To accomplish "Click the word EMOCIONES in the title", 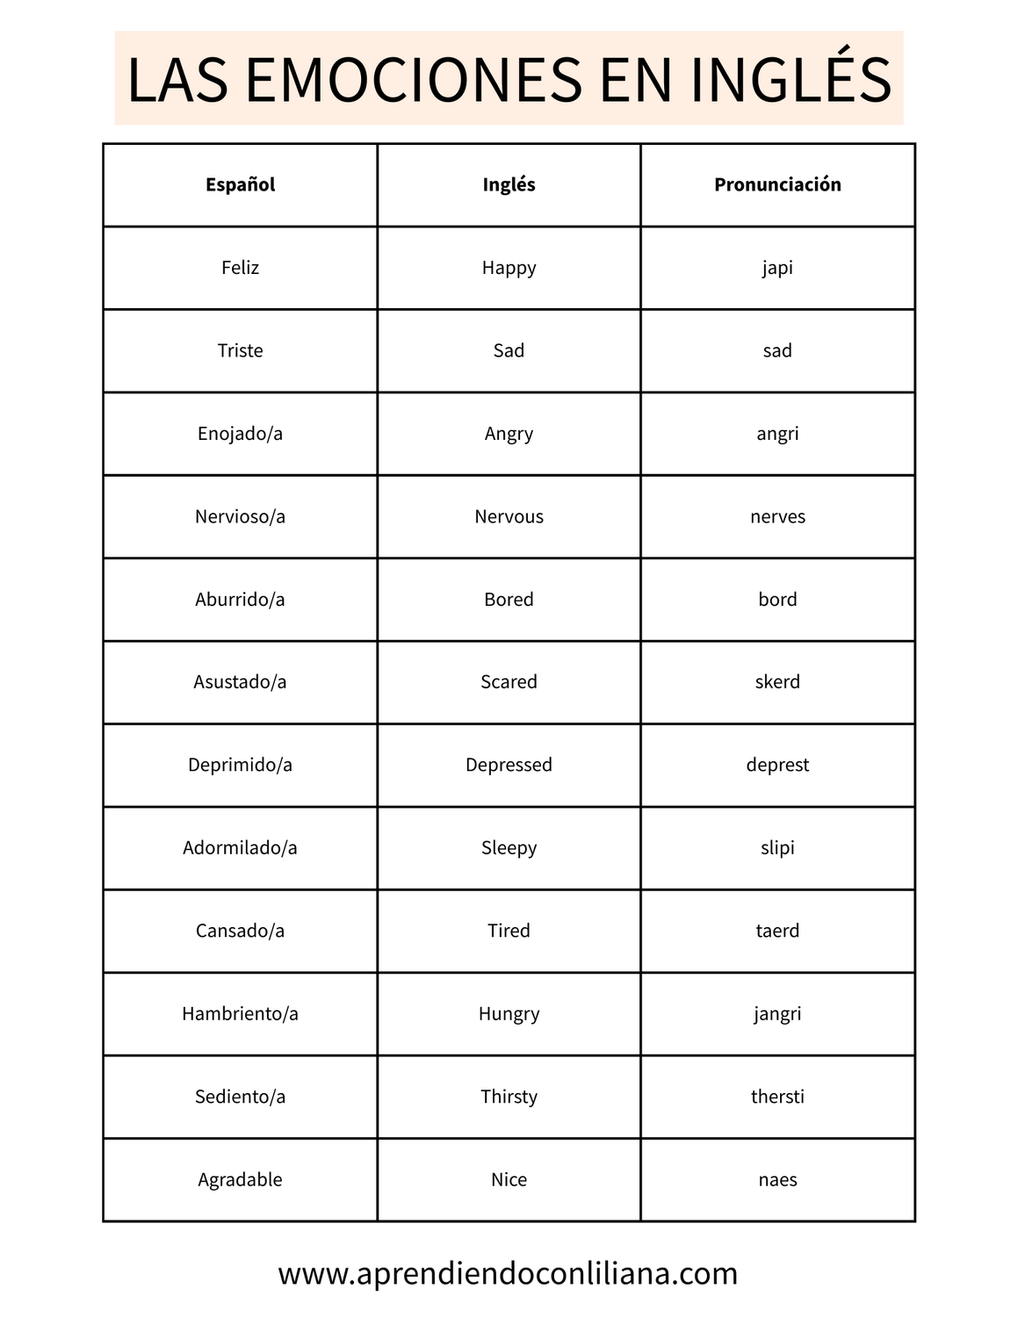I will (x=413, y=80).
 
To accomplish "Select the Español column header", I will (x=240, y=184).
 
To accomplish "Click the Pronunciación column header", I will (x=777, y=184).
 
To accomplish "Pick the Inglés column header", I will (x=509, y=184).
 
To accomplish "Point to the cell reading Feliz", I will (x=240, y=268).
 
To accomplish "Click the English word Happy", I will (x=509, y=268).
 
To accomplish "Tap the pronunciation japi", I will (x=777, y=268).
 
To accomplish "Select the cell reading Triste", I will (x=240, y=350).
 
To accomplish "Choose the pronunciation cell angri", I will (x=777, y=434).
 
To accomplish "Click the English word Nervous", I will (x=509, y=516).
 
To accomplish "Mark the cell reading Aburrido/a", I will (x=240, y=600).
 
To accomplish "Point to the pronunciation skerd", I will (x=777, y=682).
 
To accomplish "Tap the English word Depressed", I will (x=509, y=765).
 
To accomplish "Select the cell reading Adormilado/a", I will (x=240, y=848).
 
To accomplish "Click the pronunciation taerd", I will (x=777, y=931).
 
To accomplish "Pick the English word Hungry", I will (x=509, y=1014).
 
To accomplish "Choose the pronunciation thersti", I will (x=777, y=1097).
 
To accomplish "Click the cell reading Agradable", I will (x=240, y=1179).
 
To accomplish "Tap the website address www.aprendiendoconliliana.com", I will (x=508, y=1273).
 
